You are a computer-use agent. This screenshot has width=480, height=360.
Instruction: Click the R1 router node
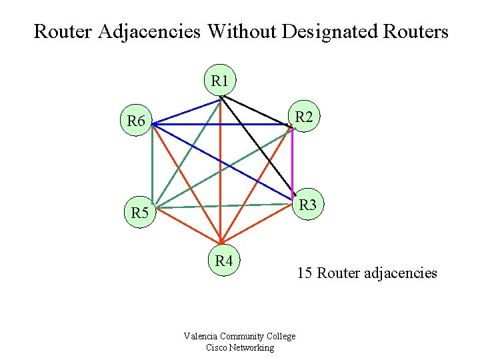[x=220, y=81]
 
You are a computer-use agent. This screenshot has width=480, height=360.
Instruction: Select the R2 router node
[x=304, y=117]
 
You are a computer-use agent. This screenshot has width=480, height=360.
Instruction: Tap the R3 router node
[x=307, y=205]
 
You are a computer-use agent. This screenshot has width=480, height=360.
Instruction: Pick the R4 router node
[x=224, y=261]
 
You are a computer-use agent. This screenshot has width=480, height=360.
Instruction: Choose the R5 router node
[x=139, y=213]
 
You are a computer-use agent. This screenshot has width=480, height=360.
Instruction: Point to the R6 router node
[x=136, y=121]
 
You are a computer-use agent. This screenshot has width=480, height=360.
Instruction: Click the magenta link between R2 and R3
[x=293, y=163]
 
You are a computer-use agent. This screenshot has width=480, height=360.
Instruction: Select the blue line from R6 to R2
[x=220, y=125]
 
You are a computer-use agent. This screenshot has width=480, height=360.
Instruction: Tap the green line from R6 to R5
[x=152, y=167]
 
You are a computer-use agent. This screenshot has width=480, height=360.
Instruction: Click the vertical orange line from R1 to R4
[x=221, y=167]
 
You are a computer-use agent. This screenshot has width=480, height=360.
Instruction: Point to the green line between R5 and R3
[x=227, y=205]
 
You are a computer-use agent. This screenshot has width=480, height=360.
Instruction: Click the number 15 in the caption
[x=305, y=273]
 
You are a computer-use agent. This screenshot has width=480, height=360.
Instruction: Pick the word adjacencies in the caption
[x=400, y=273]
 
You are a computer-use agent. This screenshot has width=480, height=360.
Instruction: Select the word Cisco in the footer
[x=217, y=347]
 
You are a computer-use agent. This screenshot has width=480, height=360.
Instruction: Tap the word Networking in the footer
[x=253, y=347]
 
